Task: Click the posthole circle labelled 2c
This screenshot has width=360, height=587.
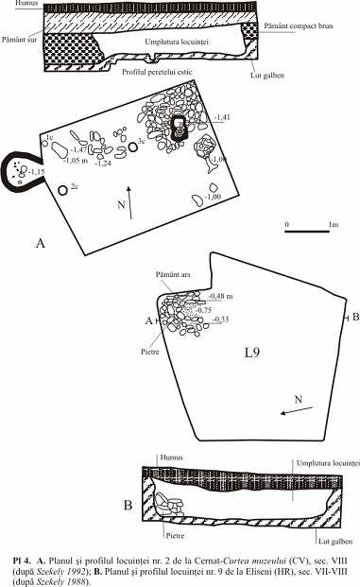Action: click(63, 190)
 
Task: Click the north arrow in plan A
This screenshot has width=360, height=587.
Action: click(129, 200)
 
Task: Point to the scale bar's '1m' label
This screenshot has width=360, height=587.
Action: click(334, 224)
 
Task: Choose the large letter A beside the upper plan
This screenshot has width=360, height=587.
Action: click(40, 244)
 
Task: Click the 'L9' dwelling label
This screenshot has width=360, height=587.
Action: click(252, 354)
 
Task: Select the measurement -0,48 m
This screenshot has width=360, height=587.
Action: click(222, 295)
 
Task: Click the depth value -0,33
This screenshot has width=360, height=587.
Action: click(220, 319)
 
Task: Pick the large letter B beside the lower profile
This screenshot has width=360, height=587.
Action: click(128, 505)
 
